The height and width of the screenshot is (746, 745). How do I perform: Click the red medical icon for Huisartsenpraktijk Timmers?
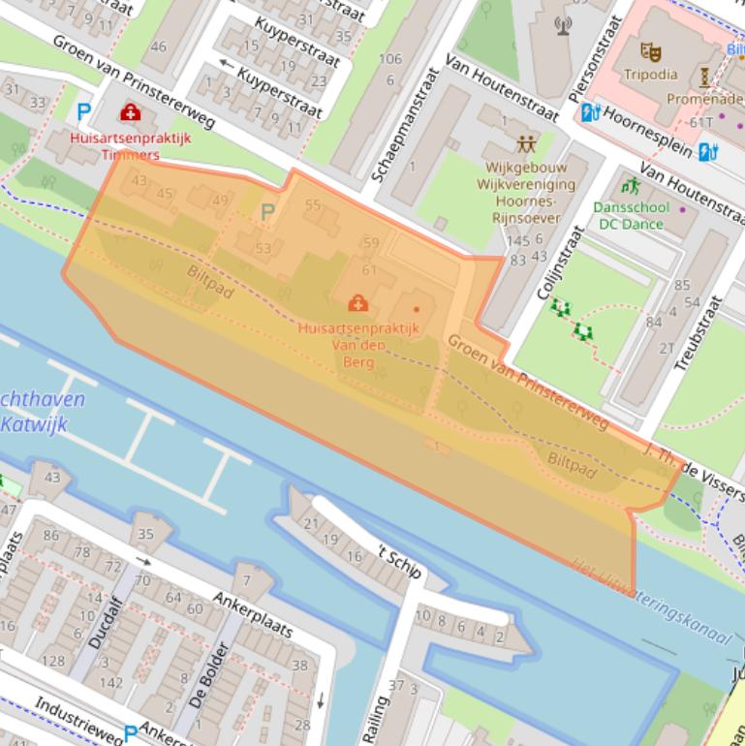[129, 113]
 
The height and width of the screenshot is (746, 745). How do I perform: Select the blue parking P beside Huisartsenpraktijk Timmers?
[84, 112]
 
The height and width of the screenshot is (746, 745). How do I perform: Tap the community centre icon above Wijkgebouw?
[526, 144]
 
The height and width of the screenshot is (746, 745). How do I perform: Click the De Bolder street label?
[209, 673]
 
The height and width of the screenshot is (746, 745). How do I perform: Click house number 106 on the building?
[389, 59]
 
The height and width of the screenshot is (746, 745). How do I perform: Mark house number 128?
[53, 662]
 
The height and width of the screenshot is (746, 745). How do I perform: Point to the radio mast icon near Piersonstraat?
[564, 24]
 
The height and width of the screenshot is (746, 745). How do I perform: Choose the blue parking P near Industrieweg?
[130, 733]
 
